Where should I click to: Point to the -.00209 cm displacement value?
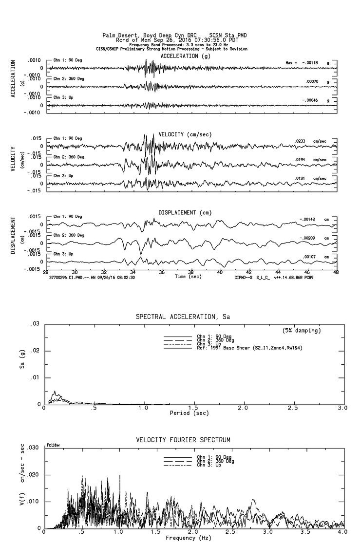tap(308, 238)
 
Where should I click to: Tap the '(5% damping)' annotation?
tap(301, 330)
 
